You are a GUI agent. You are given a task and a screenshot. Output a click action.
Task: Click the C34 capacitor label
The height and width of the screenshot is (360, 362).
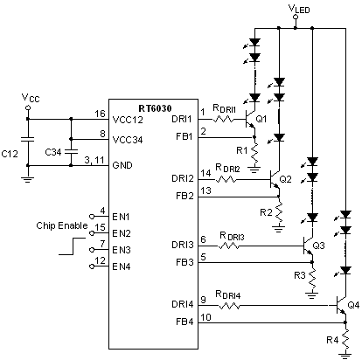coord(52,152)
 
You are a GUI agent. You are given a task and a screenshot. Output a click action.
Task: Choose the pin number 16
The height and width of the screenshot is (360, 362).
coord(101,113)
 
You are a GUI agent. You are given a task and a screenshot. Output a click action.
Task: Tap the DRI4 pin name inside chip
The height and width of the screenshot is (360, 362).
coord(184,304)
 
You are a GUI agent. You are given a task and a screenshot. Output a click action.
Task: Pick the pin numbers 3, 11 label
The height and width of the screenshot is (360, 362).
coord(94,158)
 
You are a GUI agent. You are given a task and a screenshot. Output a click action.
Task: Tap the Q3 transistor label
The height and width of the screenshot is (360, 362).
coord(318,246)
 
